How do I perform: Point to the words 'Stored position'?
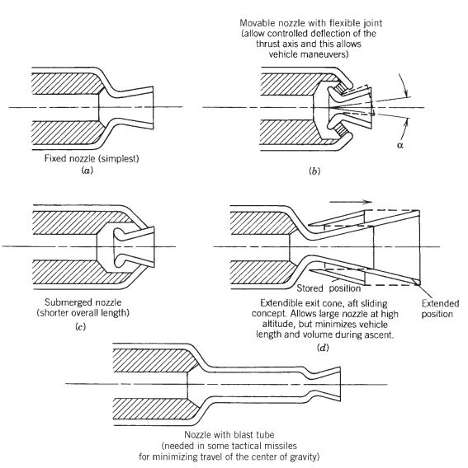click(324, 288)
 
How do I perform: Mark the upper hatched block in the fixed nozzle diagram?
click(61, 82)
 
